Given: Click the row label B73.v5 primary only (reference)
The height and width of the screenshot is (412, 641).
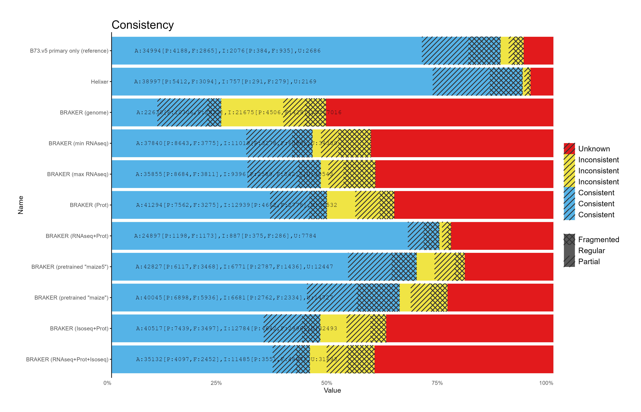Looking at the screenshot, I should pyautogui.click(x=69, y=51).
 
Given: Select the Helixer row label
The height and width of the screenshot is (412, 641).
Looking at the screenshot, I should pyautogui.click(x=100, y=82).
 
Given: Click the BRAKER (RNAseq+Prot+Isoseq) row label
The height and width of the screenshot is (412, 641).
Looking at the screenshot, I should pyautogui.click(x=67, y=360).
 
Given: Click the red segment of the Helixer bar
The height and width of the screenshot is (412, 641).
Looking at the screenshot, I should pyautogui.click(x=542, y=82).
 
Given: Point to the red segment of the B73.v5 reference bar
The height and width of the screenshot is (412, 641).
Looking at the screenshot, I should pyautogui.click(x=538, y=51).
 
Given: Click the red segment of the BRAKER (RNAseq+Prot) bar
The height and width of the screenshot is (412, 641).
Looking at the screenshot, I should pyautogui.click(x=502, y=236).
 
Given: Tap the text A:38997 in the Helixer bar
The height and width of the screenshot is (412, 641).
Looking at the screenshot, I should pyautogui.click(x=148, y=82).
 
